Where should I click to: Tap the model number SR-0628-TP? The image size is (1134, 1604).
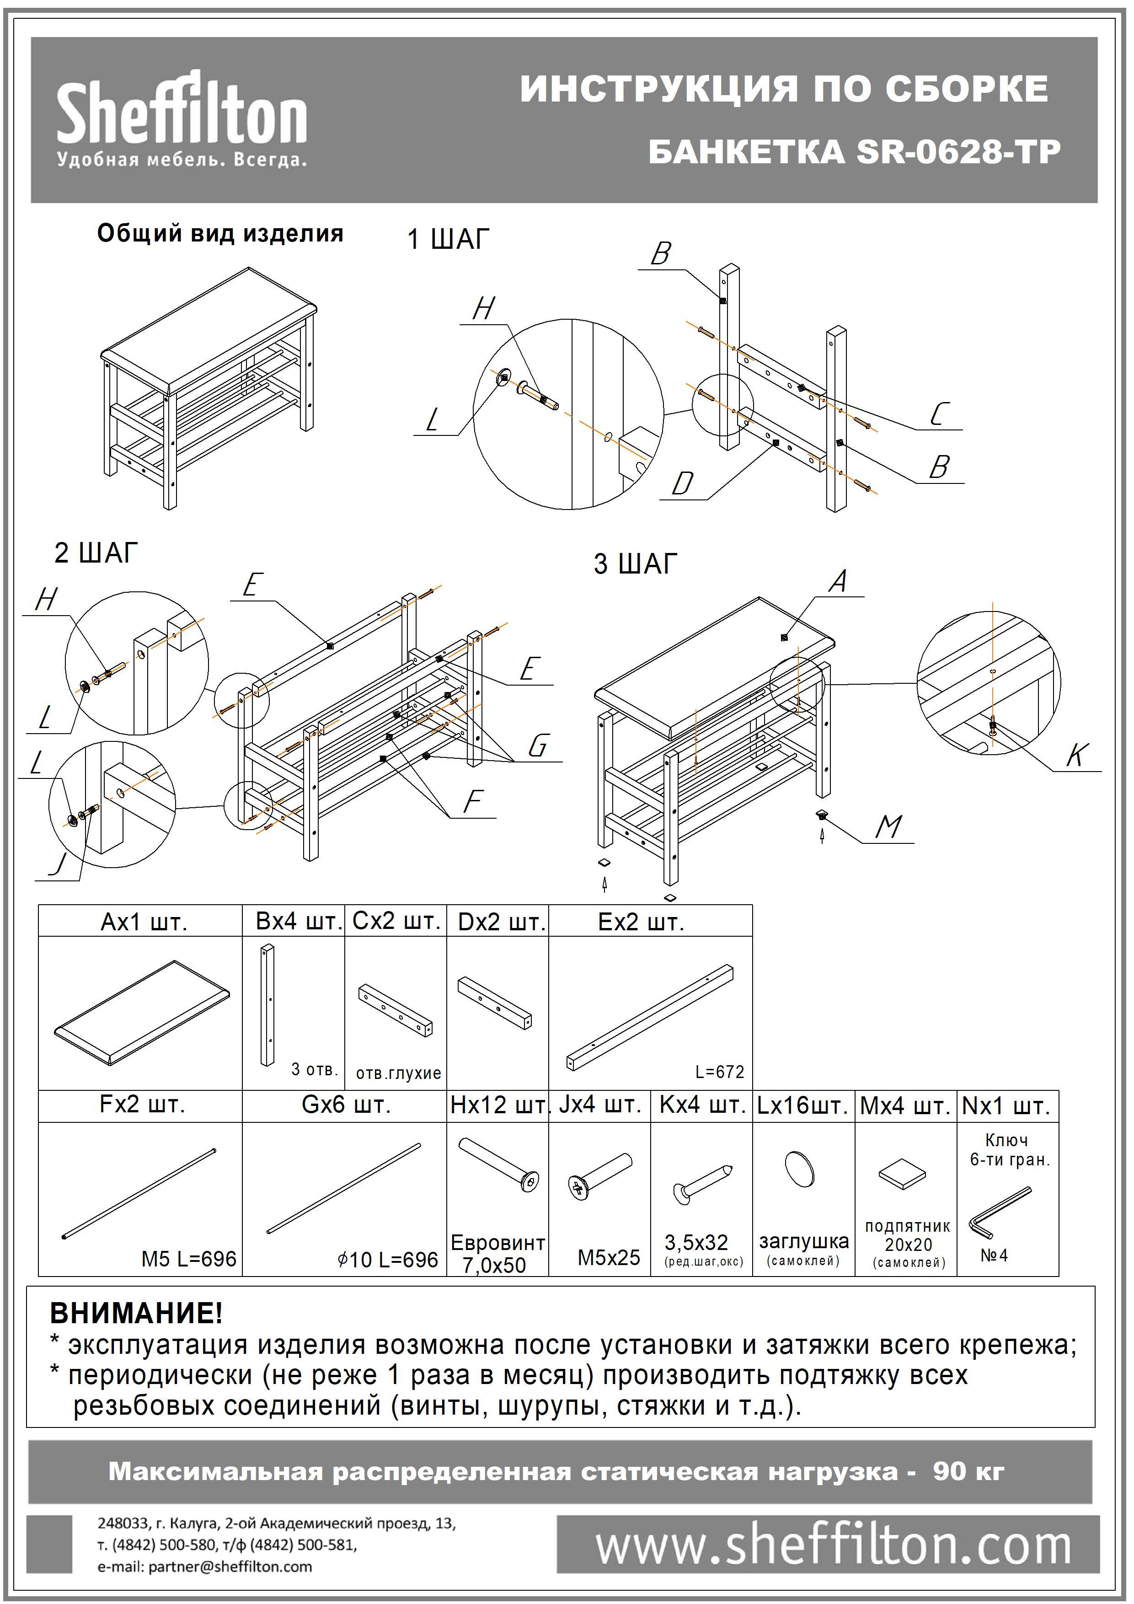[x=958, y=151]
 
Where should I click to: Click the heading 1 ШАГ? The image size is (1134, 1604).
[x=448, y=240]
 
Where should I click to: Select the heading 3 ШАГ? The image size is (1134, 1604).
[x=636, y=564]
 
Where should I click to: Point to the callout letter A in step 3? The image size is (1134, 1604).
[x=839, y=581]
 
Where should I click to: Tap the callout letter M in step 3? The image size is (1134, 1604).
[x=888, y=828]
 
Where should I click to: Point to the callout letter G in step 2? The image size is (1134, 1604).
[x=537, y=746]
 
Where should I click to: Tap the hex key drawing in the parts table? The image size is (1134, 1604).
[x=999, y=1213]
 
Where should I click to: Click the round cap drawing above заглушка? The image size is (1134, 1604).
[x=800, y=1168]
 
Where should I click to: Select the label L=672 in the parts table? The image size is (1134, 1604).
[x=719, y=1072]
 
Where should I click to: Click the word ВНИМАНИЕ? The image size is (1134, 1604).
[x=136, y=1314]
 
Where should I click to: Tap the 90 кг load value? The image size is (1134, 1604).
[x=968, y=1471]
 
